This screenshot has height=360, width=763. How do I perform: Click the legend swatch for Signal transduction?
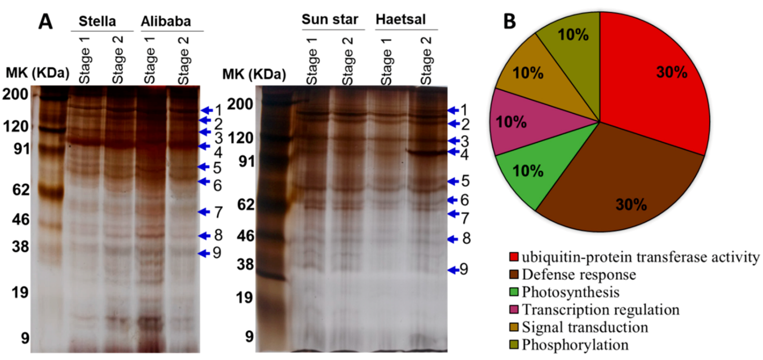pyautogui.click(x=513, y=327)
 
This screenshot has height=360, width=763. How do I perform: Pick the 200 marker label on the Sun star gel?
pyautogui.click(x=240, y=104)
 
